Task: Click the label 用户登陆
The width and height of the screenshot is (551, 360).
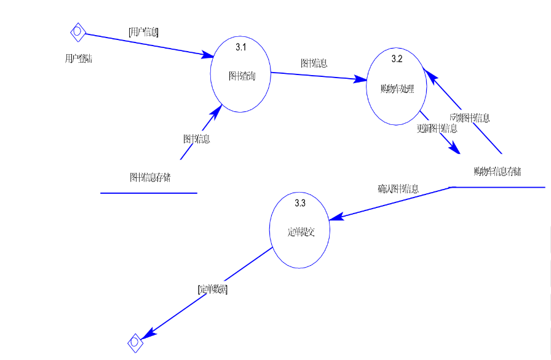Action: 79,58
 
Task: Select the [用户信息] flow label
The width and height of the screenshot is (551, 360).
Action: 143,32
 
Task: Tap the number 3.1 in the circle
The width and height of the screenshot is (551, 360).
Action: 241,46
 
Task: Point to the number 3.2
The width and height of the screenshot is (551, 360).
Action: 397,59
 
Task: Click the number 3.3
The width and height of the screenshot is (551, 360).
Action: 300,202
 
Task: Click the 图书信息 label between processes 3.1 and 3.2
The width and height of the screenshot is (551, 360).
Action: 314,63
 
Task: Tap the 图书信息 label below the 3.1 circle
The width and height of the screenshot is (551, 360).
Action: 196,139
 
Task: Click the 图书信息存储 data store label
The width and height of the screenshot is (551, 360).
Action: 150,178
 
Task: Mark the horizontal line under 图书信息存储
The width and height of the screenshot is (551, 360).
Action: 149,193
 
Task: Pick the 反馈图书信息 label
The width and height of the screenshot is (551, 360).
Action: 470,118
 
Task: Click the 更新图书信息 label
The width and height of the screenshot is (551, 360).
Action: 437,129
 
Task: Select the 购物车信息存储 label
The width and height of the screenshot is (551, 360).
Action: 498,170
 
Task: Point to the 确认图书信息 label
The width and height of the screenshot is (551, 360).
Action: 398,189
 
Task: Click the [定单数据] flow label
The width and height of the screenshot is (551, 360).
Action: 212,289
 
